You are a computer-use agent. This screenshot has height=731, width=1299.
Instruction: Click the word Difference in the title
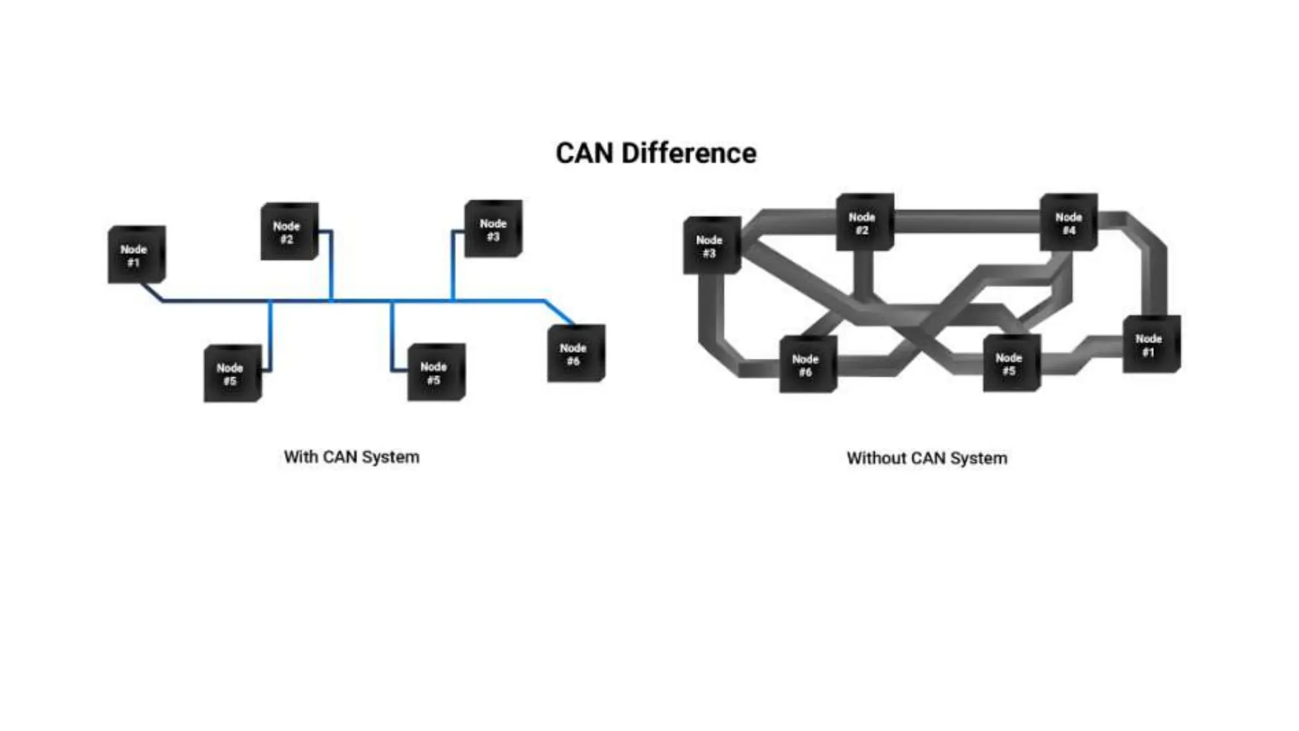coord(689,154)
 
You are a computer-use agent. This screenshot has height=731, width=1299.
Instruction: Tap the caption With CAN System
coord(351,457)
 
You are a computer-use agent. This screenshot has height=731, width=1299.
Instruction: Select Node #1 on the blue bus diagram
coord(136,254)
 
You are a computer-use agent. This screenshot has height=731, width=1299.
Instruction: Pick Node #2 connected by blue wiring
coord(289,232)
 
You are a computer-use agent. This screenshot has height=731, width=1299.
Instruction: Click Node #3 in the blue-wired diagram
coord(493,229)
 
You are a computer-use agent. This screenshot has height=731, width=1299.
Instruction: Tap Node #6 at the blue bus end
coord(575,353)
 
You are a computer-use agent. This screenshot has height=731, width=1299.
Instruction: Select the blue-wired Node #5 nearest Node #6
coord(436,372)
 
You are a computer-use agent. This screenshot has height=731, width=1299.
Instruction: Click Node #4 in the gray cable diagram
coord(1069,223)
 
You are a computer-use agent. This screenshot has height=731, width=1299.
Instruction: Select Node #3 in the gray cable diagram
coord(711,246)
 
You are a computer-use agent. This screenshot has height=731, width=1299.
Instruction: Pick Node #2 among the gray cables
coord(864,223)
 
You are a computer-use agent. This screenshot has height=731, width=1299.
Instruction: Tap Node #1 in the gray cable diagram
coord(1151,345)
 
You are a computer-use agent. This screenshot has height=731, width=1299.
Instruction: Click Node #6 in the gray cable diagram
coord(807,365)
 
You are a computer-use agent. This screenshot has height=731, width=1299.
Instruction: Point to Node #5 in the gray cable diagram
coord(1011,364)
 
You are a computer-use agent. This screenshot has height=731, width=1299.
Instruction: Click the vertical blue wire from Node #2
coord(330,267)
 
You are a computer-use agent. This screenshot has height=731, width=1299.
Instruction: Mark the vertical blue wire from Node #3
coord(453,267)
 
